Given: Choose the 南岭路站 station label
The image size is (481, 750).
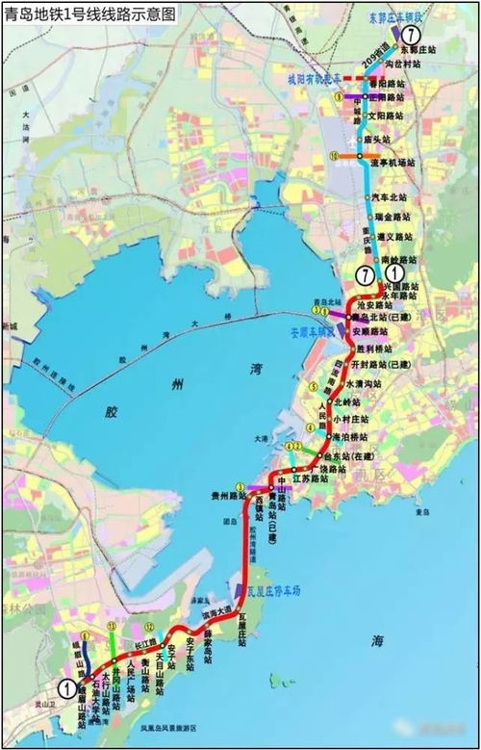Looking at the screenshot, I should pos(398,260).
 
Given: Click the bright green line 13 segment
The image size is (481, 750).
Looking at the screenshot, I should pos(112,640).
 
